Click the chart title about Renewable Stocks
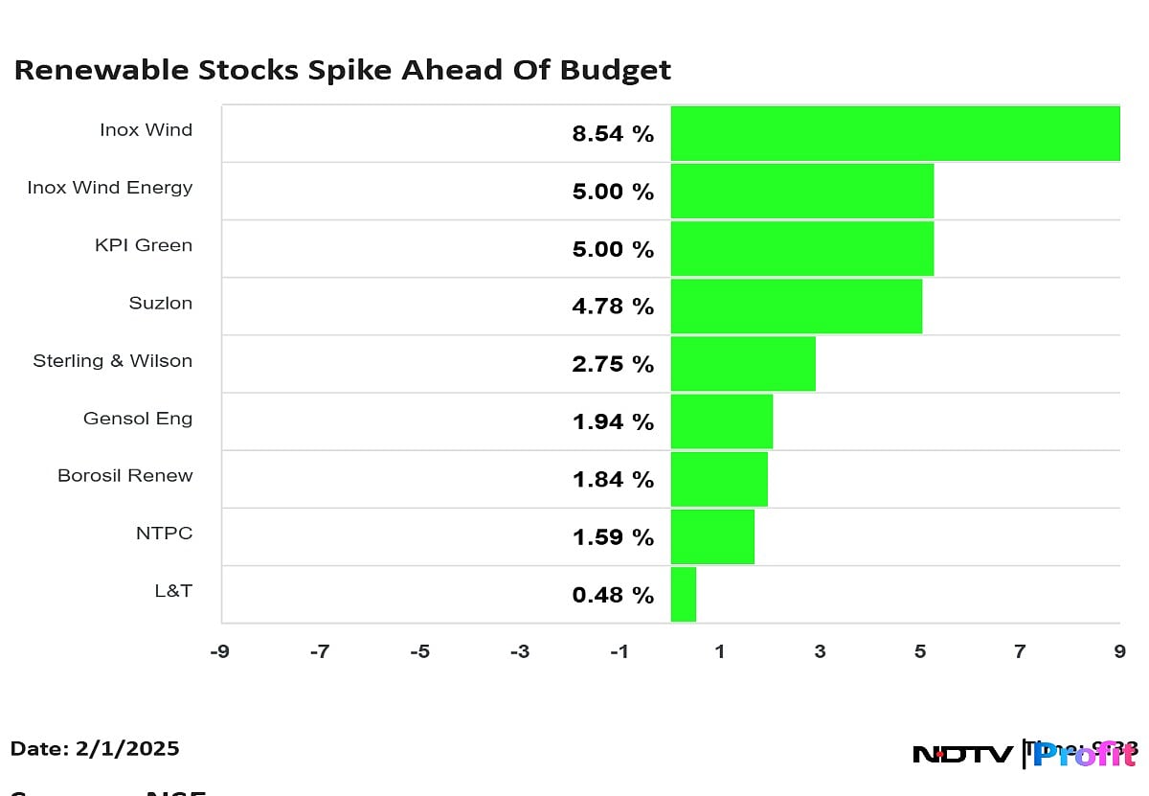click(x=342, y=71)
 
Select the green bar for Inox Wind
click(x=894, y=133)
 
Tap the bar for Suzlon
click(x=796, y=307)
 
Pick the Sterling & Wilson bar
click(x=742, y=364)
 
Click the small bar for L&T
click(x=683, y=595)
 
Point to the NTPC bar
click(x=711, y=537)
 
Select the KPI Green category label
click(x=143, y=245)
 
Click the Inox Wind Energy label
click(x=109, y=188)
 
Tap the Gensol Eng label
click(x=137, y=419)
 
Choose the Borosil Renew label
click(x=124, y=476)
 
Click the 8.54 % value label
click(x=613, y=134)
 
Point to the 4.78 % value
click(x=613, y=307)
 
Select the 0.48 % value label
click(x=613, y=595)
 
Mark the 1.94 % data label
click(x=613, y=422)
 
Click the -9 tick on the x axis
click(x=219, y=652)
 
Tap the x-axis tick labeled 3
click(x=820, y=652)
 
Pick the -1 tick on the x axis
click(x=620, y=652)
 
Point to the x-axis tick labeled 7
click(x=1020, y=652)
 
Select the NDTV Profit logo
click(x=1025, y=754)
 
